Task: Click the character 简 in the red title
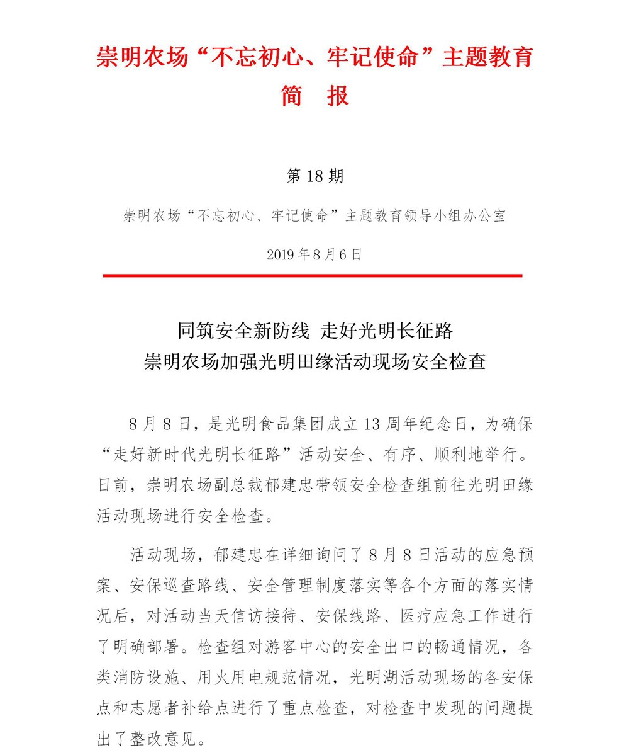(292, 96)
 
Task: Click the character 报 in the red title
(338, 96)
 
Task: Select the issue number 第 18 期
(314, 176)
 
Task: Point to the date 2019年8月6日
(314, 254)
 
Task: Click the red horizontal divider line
(313, 275)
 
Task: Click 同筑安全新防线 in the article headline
(243, 330)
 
